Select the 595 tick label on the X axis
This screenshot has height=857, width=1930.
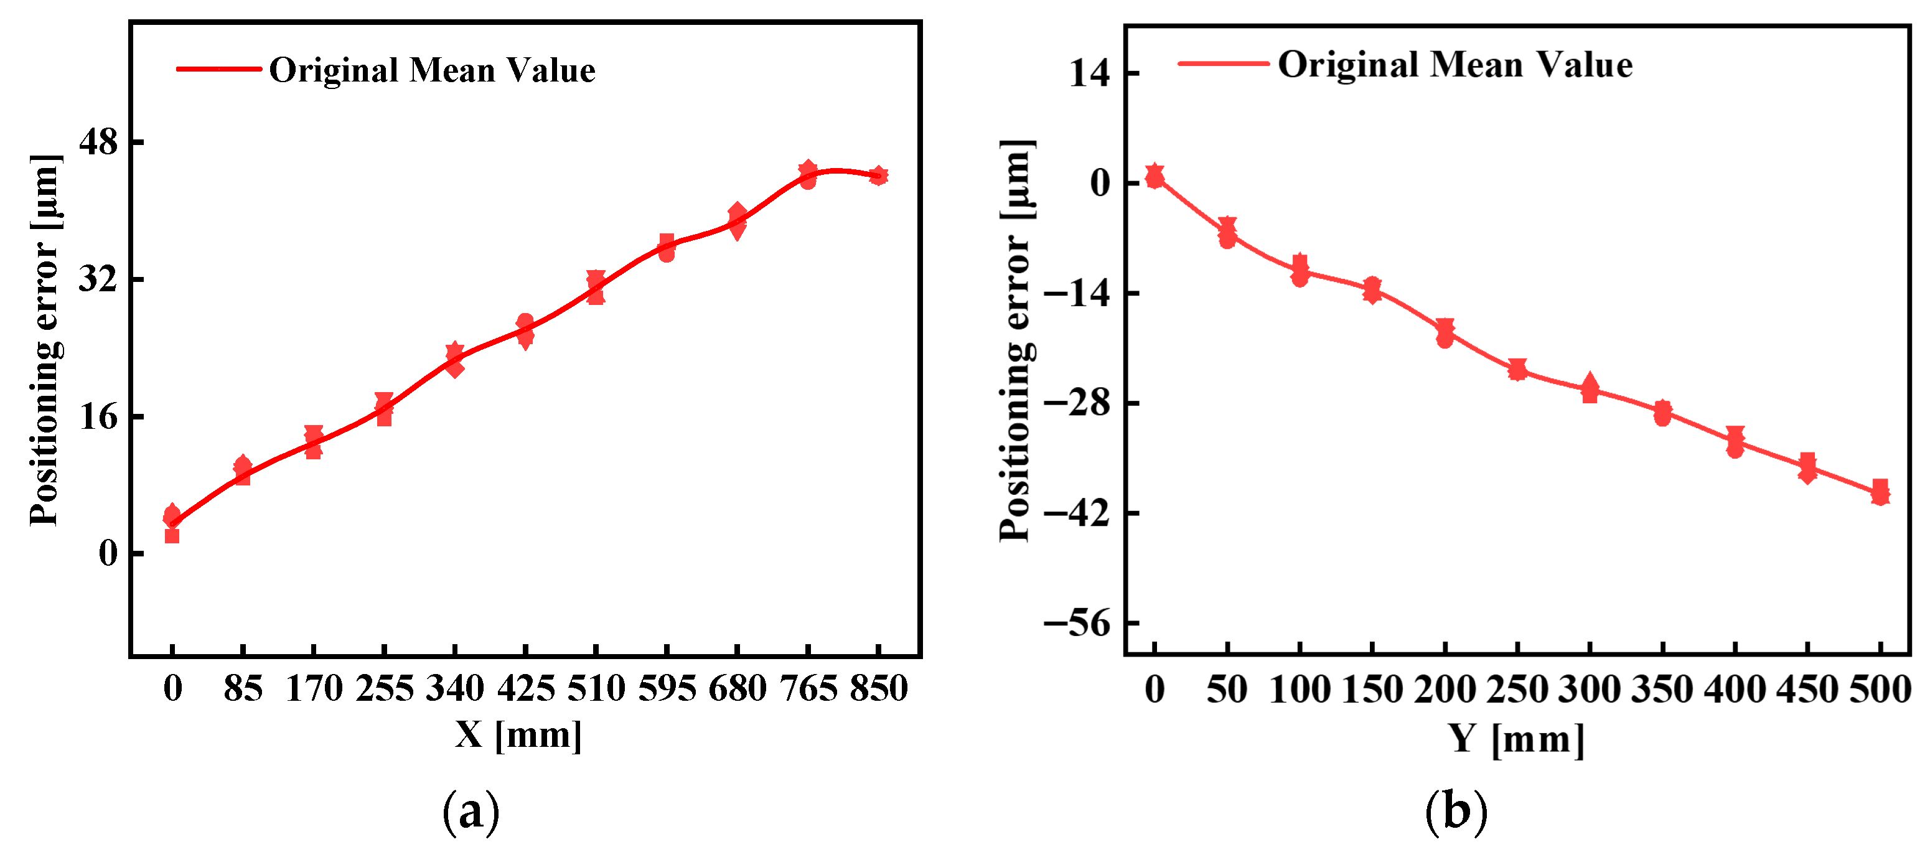tap(666, 688)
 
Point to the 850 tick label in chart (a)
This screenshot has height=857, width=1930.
tap(878, 688)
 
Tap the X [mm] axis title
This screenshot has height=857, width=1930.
tap(518, 735)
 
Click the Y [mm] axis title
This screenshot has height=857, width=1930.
tap(1515, 739)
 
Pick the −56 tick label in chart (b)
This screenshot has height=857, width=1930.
tap(1077, 622)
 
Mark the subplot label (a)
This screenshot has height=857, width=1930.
tap(471, 812)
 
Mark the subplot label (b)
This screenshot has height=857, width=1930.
tap(1456, 812)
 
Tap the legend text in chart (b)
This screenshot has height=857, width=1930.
tap(1455, 65)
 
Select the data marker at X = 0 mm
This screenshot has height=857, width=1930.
tap(172, 517)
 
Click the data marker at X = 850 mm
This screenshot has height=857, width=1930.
tap(878, 176)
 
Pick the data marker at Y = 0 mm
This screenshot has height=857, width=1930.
tap(1155, 176)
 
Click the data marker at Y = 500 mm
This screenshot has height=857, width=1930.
tap(1879, 492)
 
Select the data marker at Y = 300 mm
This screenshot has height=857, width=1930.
tap(1589, 388)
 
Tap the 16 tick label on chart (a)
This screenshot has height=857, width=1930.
tap(98, 416)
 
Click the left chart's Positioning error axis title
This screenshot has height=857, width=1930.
tap(44, 341)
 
